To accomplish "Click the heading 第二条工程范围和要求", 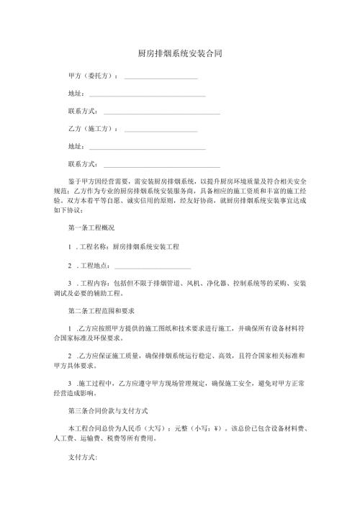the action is coord(102,310).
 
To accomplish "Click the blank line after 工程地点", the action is coord(152,267).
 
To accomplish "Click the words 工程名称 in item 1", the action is coord(92,246).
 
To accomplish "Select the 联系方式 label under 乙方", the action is coord(82,164).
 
